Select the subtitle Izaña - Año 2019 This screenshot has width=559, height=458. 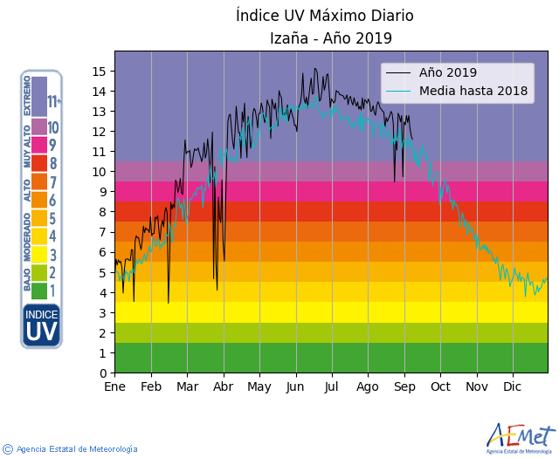(331, 38)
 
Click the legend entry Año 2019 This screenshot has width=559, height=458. (448, 72)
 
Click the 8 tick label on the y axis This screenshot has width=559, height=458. (103, 212)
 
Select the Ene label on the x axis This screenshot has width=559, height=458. (115, 386)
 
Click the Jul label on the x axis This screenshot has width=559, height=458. (331, 386)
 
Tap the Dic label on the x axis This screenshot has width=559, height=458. (513, 386)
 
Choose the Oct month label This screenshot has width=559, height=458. (439, 386)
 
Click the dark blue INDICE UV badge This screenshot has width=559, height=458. (41, 325)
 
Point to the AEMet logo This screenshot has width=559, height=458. (521, 436)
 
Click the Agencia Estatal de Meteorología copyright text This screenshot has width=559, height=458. (77, 449)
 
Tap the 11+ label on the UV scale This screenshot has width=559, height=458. (54, 102)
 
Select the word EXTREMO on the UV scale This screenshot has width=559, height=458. (28, 95)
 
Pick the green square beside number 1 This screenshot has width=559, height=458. (39, 291)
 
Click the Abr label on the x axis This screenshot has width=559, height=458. (224, 386)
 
